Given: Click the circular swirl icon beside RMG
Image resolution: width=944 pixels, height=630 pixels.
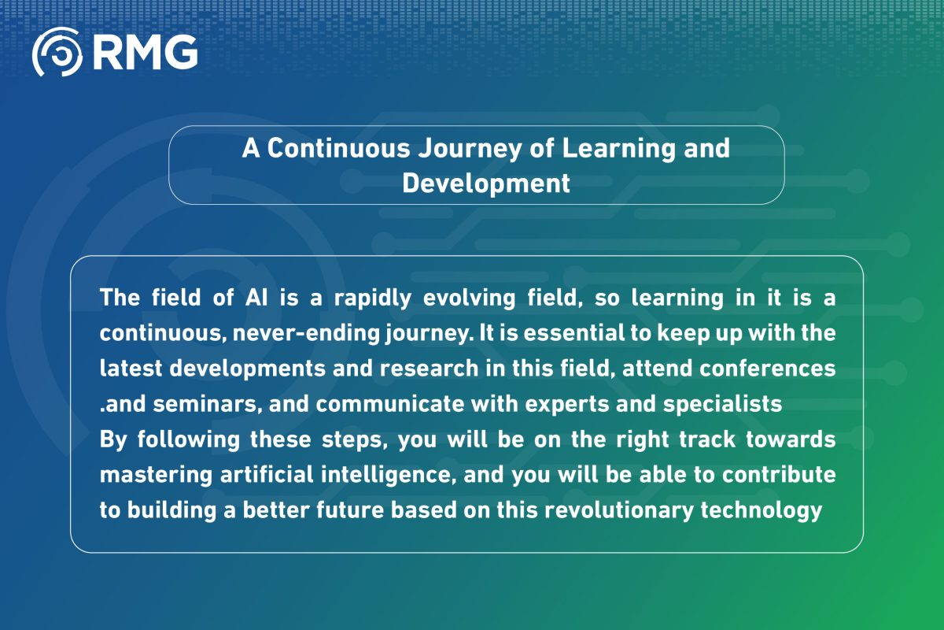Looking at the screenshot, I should click(x=57, y=52).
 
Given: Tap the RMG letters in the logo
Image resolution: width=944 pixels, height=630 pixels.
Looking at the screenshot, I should click(x=144, y=52).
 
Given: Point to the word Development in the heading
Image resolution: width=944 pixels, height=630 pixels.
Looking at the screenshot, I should click(x=485, y=183).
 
